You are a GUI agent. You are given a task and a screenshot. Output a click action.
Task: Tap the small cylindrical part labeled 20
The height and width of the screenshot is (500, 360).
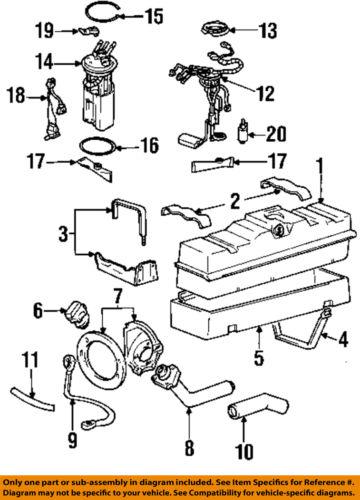pos(243,129)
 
